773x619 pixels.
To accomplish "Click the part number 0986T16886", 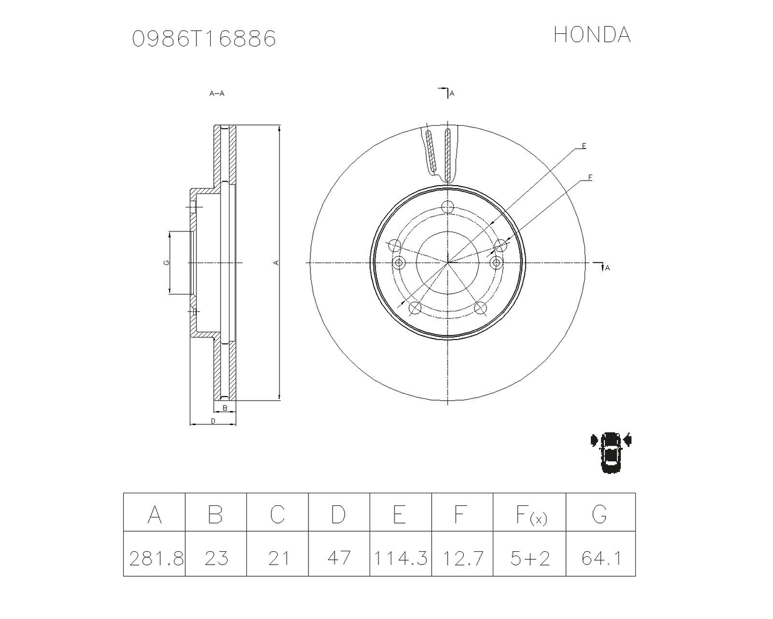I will tap(204, 39).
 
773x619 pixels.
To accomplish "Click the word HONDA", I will tap(592, 35).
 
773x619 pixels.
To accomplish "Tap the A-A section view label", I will tap(217, 94).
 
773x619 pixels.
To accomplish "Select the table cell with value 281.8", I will tap(155, 557).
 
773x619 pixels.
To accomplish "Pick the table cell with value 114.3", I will tap(400, 557).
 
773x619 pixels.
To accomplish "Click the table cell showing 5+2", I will tap(530, 557).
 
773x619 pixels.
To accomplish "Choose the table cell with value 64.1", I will tap(601, 557).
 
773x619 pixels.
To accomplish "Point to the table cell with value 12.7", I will tap(462, 557).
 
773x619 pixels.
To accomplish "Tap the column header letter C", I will tap(277, 514).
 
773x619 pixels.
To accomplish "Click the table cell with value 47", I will tap(339, 557).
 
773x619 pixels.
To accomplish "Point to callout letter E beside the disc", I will tap(584, 146).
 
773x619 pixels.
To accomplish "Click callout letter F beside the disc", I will tap(590, 178).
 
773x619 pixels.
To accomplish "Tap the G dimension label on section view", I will tap(166, 263).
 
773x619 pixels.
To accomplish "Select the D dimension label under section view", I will tap(213, 421).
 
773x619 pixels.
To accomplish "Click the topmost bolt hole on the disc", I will tap(447, 207).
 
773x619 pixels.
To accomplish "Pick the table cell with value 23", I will tap(216, 557).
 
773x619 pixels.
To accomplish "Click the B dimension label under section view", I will tap(225, 408).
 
